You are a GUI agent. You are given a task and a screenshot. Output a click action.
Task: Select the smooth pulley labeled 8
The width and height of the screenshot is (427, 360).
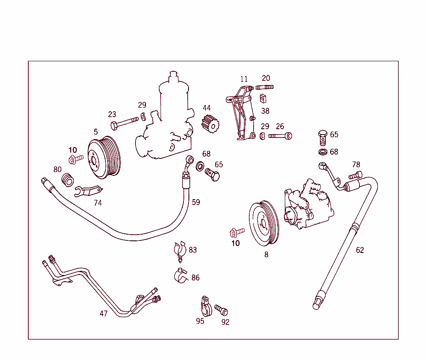tap(264, 223)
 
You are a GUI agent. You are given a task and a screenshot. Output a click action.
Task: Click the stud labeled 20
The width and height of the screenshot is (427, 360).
tap(264, 87)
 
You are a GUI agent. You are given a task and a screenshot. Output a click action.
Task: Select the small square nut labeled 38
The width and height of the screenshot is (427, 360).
tap(263, 99)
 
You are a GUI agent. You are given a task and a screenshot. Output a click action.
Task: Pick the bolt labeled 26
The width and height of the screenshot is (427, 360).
tap(280, 136)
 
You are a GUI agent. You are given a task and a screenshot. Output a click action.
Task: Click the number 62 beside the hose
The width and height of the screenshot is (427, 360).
tap(360, 250)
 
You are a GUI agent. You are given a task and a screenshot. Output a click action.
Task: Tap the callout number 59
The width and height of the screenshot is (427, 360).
tap(196, 202)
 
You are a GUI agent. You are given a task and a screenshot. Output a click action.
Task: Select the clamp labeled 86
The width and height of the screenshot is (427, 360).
tap(181, 276)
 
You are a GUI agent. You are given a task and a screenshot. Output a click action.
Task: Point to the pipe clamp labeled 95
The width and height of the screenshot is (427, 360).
tap(204, 306)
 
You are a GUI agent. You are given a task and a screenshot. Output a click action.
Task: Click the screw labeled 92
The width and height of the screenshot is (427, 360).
tap(221, 310)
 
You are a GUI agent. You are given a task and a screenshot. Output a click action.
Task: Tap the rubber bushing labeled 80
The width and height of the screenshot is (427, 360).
tap(68, 180)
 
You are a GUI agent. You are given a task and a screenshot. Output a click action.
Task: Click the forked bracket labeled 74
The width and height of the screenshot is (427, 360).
tap(88, 191)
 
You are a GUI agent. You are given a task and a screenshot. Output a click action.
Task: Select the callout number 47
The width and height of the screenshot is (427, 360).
tap(103, 314)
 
